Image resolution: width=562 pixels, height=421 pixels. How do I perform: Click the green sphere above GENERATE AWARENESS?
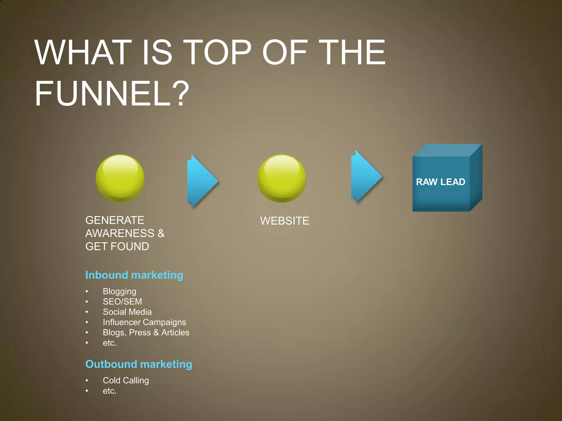(x=120, y=179)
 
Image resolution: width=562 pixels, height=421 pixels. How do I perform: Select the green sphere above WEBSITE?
(x=282, y=179)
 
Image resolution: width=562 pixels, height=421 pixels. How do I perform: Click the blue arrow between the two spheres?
(x=202, y=181)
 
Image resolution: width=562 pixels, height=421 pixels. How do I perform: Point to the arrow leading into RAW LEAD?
(x=366, y=177)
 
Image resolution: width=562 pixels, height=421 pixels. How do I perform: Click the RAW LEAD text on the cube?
(x=440, y=182)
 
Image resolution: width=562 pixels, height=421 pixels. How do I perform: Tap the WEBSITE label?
(x=285, y=221)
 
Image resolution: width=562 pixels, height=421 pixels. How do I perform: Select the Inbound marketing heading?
(x=134, y=275)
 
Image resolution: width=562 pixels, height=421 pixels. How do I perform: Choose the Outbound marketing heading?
(x=139, y=364)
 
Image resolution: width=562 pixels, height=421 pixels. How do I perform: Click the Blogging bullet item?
(x=119, y=291)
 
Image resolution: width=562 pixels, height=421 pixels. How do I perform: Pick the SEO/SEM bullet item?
(x=122, y=301)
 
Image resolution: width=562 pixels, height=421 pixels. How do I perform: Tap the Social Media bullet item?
(x=127, y=312)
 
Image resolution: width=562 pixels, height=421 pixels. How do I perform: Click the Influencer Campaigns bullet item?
(x=144, y=322)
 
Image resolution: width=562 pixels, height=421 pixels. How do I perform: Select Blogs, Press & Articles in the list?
(x=146, y=332)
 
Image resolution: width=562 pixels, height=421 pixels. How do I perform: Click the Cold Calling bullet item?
(x=126, y=380)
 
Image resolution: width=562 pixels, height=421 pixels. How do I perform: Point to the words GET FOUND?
(x=117, y=246)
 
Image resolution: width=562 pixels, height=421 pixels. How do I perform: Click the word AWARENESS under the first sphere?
(x=120, y=234)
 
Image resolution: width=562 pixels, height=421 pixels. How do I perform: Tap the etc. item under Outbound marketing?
(x=110, y=391)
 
